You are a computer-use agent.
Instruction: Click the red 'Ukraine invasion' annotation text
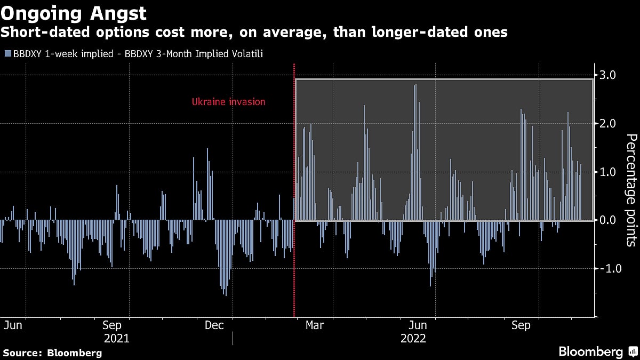click(228, 102)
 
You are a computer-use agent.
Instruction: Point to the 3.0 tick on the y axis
click(608, 75)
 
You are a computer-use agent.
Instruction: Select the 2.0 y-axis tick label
click(608, 124)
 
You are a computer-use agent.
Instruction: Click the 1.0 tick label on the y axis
click(608, 172)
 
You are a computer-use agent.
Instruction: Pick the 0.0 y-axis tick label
click(608, 220)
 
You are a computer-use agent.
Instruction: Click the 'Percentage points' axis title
click(630, 190)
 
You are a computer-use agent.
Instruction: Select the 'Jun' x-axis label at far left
click(13, 325)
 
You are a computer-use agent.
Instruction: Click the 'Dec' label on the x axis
click(214, 325)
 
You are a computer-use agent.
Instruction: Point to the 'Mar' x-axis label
click(315, 325)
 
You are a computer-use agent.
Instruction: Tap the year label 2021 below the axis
click(116, 338)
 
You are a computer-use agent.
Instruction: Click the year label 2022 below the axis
click(413, 338)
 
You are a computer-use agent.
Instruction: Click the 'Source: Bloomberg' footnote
click(52, 353)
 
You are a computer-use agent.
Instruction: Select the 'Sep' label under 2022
click(521, 325)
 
